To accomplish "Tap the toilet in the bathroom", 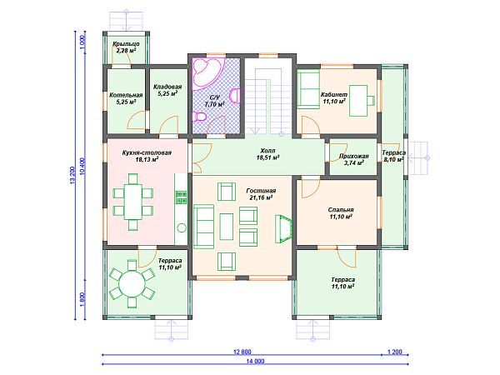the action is tap(200, 117).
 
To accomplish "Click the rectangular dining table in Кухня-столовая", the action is tap(133, 202).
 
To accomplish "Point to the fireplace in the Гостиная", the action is tap(282, 228).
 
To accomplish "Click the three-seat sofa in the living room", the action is tap(204, 227).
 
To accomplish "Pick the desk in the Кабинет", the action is tap(358, 101).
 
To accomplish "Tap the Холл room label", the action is tap(267, 151).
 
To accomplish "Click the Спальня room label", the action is tap(341, 210).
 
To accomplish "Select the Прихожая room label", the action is tap(354, 156).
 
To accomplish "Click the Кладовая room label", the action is tap(167, 87).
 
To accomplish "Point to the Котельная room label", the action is tap(126, 95).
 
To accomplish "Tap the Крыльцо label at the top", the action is tap(126, 44).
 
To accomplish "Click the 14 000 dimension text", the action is tap(255, 362).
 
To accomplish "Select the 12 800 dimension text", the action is tap(242, 352).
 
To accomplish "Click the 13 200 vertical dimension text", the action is tap(72, 175).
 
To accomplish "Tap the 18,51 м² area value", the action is tap(268, 157).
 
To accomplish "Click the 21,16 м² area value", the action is tap(261, 197).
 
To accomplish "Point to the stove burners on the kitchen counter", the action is tap(182, 197).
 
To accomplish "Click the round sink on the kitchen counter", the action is tap(182, 227).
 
